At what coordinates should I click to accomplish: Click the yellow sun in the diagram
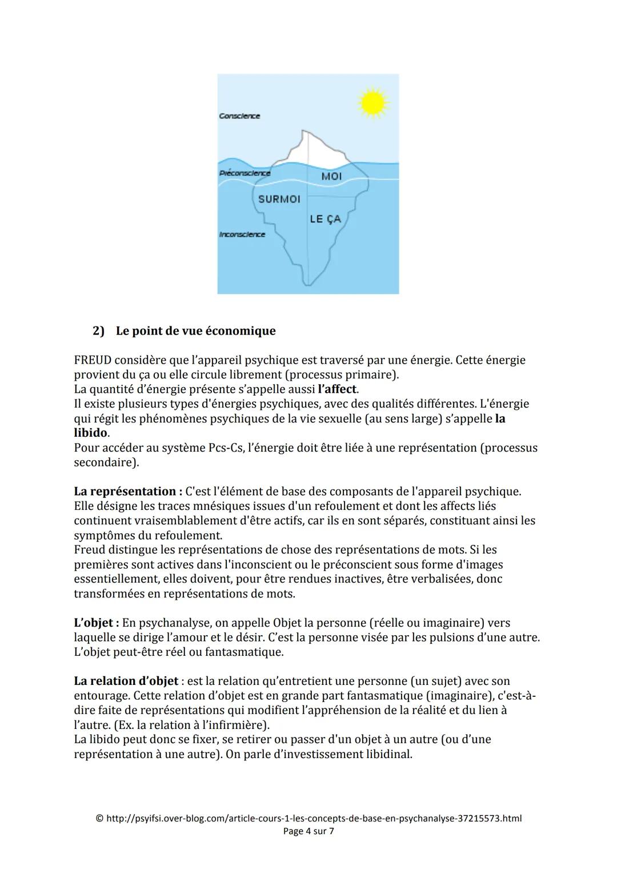pos(372,103)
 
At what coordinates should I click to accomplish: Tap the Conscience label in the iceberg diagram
pos(239,116)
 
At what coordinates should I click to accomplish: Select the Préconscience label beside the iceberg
pos(245,173)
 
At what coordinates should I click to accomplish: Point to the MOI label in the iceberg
pos(331,176)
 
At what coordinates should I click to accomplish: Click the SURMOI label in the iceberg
pos(279,199)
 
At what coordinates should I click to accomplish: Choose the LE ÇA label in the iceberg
pos(325,219)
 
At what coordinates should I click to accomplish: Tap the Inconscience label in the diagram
pos(242,234)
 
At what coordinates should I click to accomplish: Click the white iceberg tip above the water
pos(311,149)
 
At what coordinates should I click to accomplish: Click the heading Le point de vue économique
pos(195,331)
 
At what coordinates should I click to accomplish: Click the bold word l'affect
pos(337,389)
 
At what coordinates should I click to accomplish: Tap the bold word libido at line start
pos(90,433)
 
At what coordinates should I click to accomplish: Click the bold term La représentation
pos(125,492)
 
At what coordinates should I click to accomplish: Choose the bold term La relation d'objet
pos(126,681)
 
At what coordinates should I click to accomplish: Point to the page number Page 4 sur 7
pos(308,831)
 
